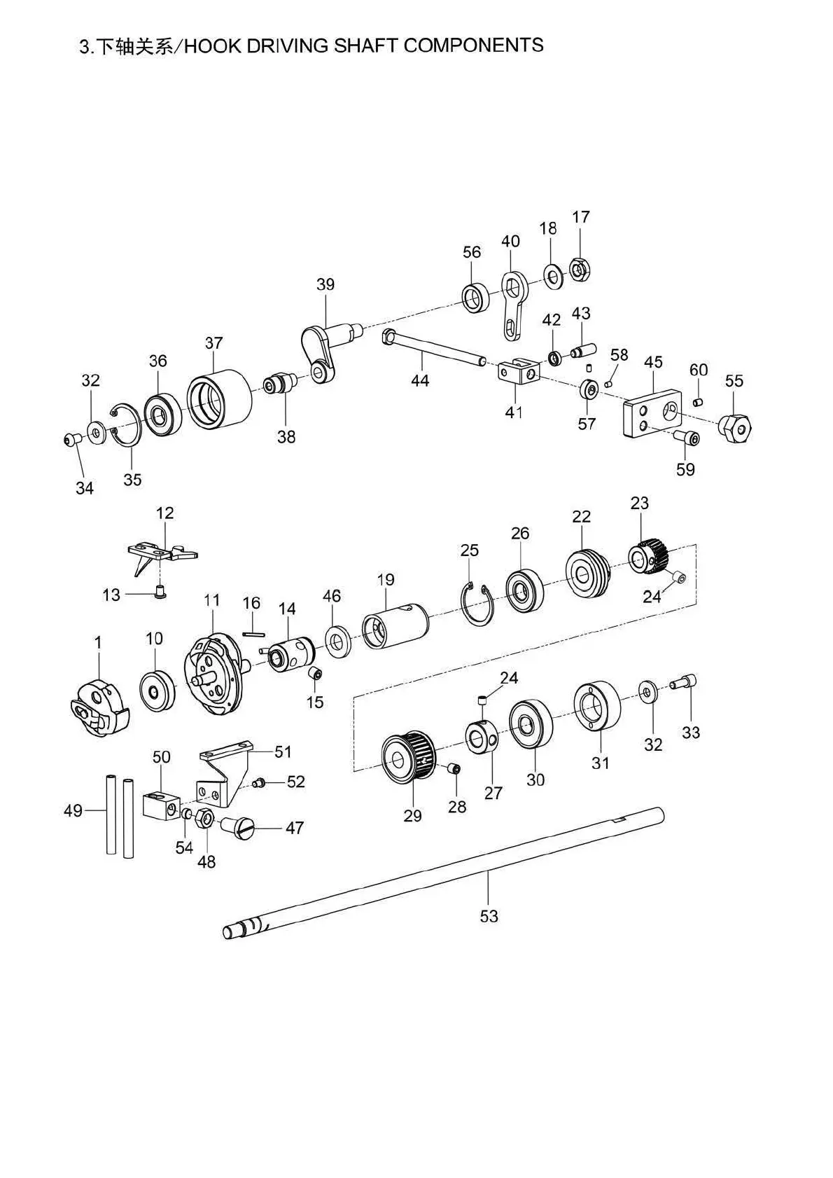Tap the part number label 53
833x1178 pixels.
tap(489, 915)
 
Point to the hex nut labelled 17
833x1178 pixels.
tap(579, 269)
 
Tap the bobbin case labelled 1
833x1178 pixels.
tap(99, 709)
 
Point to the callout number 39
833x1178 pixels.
tap(325, 285)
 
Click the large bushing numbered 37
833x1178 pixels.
tap(219, 397)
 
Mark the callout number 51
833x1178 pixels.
tap(283, 752)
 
